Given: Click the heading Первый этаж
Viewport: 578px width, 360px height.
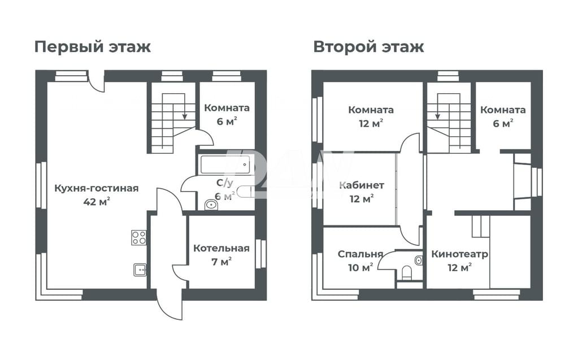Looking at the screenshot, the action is point(93,47).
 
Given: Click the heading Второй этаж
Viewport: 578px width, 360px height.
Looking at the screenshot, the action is point(368,47).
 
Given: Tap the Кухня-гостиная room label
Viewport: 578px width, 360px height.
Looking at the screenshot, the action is point(97,189).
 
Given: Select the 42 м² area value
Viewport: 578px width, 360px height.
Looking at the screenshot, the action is point(97,202).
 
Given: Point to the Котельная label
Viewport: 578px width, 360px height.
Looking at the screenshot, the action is point(221,248).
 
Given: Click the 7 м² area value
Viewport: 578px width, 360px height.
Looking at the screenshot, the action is point(221,262).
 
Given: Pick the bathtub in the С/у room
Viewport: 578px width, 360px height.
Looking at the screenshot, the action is point(225,164).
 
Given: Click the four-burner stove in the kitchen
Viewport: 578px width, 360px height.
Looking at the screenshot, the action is point(139,237).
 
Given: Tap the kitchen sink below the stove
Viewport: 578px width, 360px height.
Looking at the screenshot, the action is point(140,270).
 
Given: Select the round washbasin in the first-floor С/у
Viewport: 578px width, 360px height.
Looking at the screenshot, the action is point(211,205).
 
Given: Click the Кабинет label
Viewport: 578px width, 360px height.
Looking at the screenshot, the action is point(362,185).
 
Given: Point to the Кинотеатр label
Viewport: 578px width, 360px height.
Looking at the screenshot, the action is point(460,254).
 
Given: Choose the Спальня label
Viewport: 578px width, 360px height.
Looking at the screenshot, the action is point(360,254).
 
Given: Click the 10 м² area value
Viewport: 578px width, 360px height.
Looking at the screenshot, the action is point(360,267).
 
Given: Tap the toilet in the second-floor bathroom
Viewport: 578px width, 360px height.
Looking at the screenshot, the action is point(407,273).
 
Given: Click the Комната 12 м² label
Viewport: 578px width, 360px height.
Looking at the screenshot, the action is point(371,116).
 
